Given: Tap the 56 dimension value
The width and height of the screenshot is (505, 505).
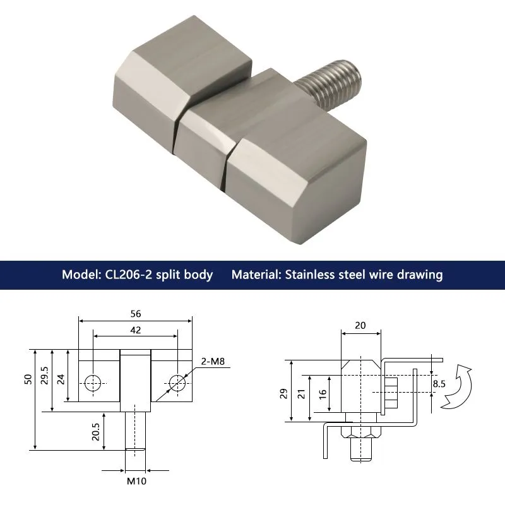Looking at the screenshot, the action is click(136, 314).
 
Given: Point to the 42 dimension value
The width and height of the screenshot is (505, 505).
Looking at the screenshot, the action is click(136, 330).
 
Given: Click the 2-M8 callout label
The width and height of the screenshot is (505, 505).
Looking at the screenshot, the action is click(213, 361).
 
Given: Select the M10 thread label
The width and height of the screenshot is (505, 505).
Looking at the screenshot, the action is click(136, 481).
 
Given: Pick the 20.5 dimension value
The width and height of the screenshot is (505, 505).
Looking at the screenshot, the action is click(96, 432).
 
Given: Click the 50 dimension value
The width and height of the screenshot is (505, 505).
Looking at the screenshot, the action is click(28, 379).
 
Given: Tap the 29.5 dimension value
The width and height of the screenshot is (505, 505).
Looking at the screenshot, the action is click(44, 376).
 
